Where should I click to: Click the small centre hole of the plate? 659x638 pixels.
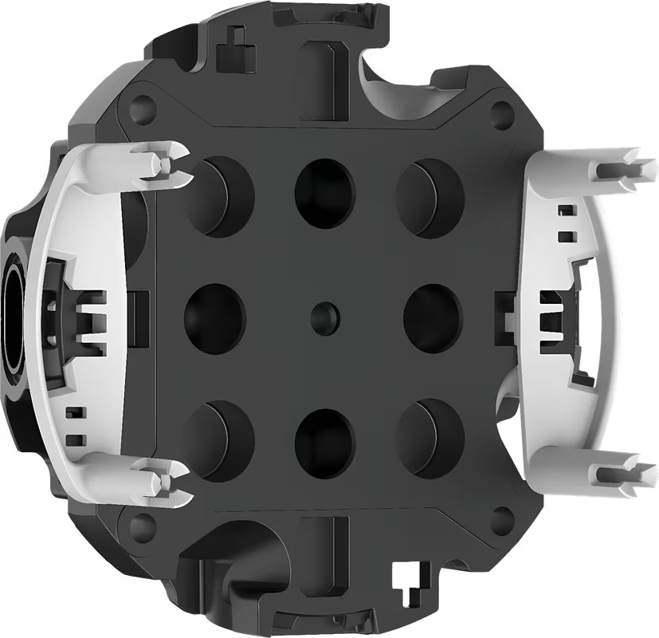coord(325,316)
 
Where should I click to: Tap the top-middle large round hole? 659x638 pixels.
coord(324,191)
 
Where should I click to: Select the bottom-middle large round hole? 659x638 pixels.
coord(324,441)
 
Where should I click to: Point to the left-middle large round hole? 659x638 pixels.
coord(214,316)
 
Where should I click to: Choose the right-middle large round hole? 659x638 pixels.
coord(433,316)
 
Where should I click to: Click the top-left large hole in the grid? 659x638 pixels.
coord(220,195)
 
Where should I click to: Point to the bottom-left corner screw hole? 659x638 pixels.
coord(142,526)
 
